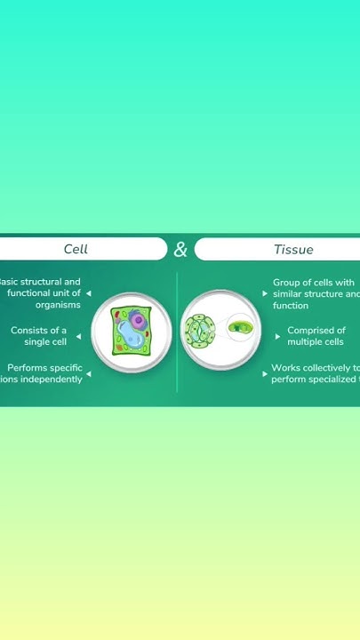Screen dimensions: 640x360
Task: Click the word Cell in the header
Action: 76,249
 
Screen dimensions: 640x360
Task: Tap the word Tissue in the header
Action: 293,249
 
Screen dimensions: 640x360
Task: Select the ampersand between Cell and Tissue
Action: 180,250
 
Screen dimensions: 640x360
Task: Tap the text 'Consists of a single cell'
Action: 40,336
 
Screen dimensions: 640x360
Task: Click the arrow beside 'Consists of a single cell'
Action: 78,337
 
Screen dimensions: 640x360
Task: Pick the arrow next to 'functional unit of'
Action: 88,293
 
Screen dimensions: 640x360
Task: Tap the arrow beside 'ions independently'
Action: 89,374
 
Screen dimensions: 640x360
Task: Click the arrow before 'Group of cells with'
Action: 265,293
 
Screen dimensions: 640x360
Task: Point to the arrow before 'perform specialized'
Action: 265,375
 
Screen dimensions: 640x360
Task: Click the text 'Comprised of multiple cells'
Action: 316,336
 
